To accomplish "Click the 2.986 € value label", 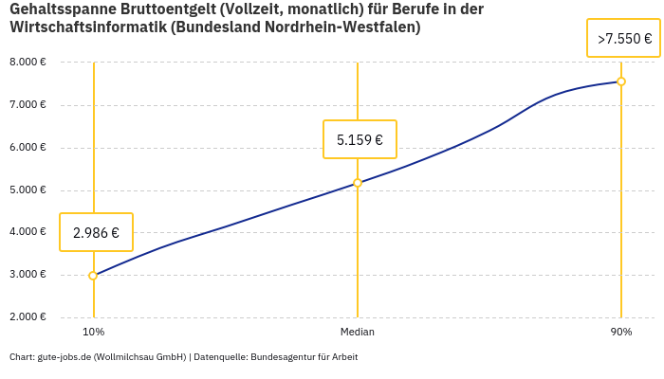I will (96, 232).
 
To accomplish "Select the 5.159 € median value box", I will (360, 139).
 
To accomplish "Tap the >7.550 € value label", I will (624, 39).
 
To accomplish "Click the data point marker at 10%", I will (93, 276).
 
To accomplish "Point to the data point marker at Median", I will (358, 183).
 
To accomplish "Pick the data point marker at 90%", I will (621, 81).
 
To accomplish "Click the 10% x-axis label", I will (93, 332).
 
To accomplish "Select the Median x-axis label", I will (358, 332).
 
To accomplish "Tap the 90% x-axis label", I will (621, 332).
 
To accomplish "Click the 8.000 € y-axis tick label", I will (28, 63).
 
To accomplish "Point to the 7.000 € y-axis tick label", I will (28, 105).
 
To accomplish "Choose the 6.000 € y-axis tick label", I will (28, 148).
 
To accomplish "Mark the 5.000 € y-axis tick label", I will (28, 190).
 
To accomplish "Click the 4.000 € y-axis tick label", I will (28, 232).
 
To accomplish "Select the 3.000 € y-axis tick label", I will (28, 275).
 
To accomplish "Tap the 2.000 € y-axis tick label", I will (28, 317).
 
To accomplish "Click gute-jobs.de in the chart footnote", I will (65, 357).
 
